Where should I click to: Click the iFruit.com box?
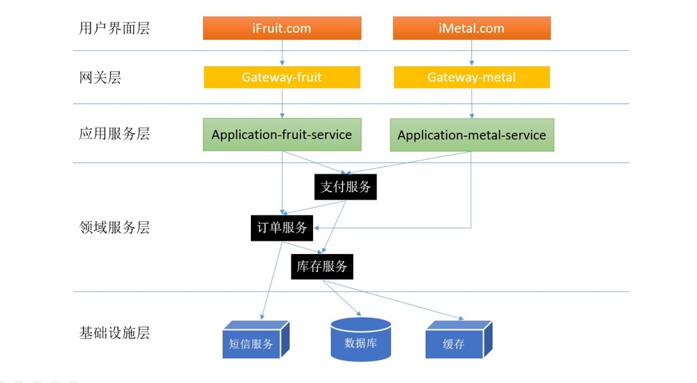(282, 29)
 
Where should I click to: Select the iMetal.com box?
(472, 29)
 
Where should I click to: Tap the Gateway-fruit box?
(282, 77)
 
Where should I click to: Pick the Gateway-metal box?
(472, 77)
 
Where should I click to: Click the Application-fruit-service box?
(282, 135)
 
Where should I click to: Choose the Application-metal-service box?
(472, 135)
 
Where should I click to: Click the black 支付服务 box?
(345, 187)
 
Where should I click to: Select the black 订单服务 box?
(282, 228)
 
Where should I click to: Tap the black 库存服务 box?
(322, 266)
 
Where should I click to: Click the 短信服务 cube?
(252, 343)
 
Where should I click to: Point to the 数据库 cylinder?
(360, 340)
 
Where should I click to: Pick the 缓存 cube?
(454, 343)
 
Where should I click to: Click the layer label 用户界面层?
(115, 29)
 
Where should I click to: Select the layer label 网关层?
(100, 77)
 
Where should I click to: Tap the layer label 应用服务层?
(115, 134)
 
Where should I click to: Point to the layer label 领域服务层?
(115, 227)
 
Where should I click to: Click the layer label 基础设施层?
(115, 333)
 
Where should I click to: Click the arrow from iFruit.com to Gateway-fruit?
(282, 52)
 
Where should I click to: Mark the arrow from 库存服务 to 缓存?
(404, 300)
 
